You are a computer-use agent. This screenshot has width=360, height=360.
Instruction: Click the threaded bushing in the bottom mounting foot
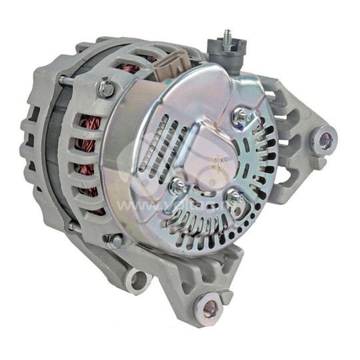coord(211,308)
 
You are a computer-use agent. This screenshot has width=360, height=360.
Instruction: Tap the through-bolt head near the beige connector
coord(105,88)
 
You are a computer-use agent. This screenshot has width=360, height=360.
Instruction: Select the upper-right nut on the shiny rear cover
coord(239,118)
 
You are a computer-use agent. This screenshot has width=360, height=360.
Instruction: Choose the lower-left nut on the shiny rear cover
coord(179,187)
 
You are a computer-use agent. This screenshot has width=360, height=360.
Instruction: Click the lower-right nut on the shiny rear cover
coord(233,198)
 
